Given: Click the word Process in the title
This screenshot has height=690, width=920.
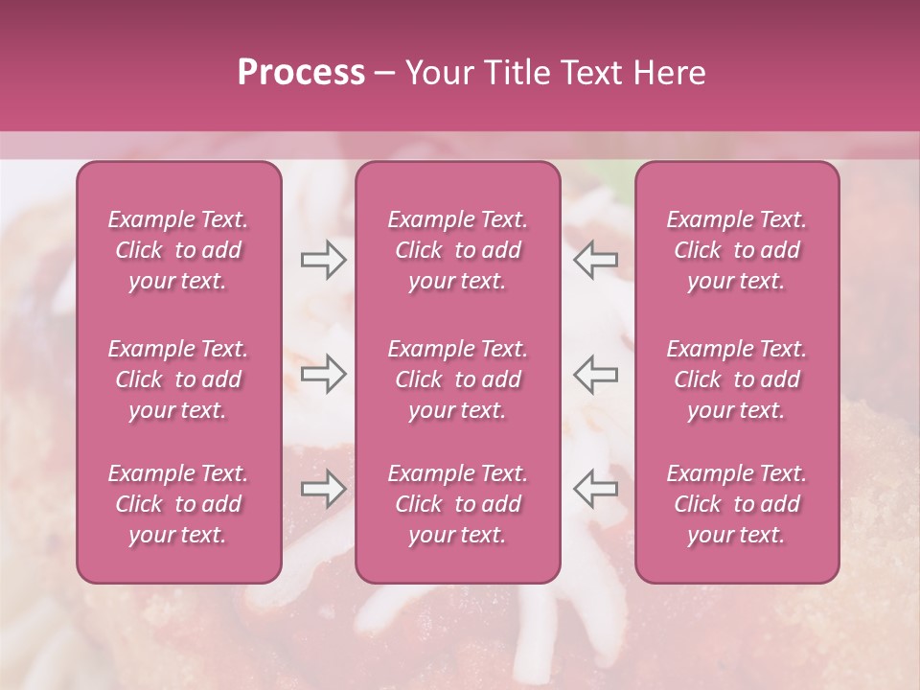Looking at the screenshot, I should [x=301, y=73].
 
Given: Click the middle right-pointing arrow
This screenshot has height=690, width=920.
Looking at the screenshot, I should [x=323, y=374].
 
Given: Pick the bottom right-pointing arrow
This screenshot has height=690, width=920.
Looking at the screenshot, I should [x=323, y=489].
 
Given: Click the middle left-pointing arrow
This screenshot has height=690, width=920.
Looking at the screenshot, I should [x=596, y=374].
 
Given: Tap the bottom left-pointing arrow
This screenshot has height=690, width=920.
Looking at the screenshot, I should [x=596, y=489].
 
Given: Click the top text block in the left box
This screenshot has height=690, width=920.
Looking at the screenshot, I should [x=178, y=250].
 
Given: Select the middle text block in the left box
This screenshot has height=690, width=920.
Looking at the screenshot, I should [x=178, y=379].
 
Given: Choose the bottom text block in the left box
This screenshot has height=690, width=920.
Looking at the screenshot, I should [x=178, y=504].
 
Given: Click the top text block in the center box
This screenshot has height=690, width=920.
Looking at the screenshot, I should [x=457, y=250].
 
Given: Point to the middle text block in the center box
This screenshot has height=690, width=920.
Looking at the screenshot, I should [x=457, y=379].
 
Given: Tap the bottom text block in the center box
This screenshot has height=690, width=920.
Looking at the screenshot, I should [x=457, y=504].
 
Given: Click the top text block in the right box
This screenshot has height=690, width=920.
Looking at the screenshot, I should [x=737, y=250].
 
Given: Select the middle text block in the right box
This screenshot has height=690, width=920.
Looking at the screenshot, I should [x=737, y=379].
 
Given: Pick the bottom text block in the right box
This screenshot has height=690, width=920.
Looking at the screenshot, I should [x=737, y=504].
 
